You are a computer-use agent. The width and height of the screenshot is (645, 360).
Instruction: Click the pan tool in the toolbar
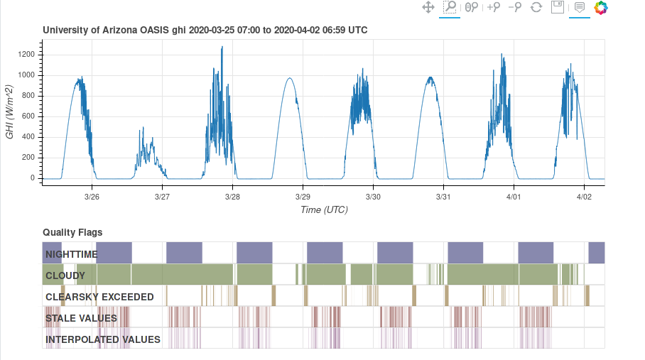pos(428,8)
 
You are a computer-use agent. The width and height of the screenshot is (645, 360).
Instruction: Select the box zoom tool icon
pos(450,8)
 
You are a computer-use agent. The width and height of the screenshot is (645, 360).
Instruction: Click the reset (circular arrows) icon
pos(536,8)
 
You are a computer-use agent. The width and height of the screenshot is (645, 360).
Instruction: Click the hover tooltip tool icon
pos(580,8)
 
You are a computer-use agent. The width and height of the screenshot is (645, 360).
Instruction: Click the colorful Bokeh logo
pos(602,8)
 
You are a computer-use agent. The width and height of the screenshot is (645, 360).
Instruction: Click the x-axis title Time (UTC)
pos(323,209)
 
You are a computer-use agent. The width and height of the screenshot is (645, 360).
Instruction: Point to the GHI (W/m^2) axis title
pos(10,111)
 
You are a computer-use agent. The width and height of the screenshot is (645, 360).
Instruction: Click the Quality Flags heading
pos(72,232)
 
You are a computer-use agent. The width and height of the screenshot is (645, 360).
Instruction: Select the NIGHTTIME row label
pos(72,253)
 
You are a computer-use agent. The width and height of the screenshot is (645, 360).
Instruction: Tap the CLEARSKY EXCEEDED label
pos(99,296)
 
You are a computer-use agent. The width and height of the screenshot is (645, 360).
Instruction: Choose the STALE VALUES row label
pos(81,318)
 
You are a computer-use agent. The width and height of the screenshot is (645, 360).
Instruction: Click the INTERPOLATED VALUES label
pos(103,339)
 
